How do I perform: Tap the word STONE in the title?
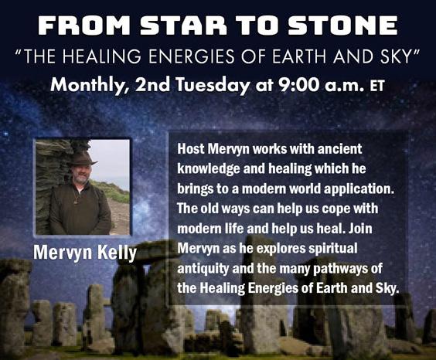(x=342, y=25)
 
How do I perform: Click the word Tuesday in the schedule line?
(x=213, y=85)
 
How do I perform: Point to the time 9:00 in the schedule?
(x=295, y=85)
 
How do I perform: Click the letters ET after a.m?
(x=377, y=86)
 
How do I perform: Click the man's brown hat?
(x=82, y=160)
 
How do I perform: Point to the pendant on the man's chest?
(x=76, y=201)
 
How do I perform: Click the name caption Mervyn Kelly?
(x=85, y=253)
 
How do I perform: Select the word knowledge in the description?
(x=209, y=169)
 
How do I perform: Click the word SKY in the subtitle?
(x=397, y=56)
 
